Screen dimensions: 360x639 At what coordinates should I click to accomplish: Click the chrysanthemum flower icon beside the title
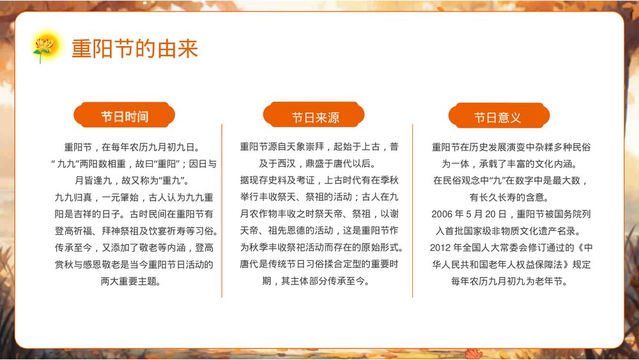[x=44, y=47]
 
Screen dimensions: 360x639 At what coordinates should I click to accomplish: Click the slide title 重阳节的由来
[x=134, y=49]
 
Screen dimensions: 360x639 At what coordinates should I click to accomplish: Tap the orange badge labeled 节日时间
[x=125, y=116]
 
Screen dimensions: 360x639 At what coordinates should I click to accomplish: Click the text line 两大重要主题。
[x=131, y=281]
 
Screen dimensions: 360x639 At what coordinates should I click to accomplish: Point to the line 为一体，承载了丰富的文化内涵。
[x=511, y=164]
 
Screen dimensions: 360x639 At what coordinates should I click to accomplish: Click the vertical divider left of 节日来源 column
[x=222, y=211]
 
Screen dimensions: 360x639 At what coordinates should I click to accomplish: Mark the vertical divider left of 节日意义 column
[x=412, y=211]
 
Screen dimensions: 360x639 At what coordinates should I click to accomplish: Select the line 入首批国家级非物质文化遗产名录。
[x=511, y=230]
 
